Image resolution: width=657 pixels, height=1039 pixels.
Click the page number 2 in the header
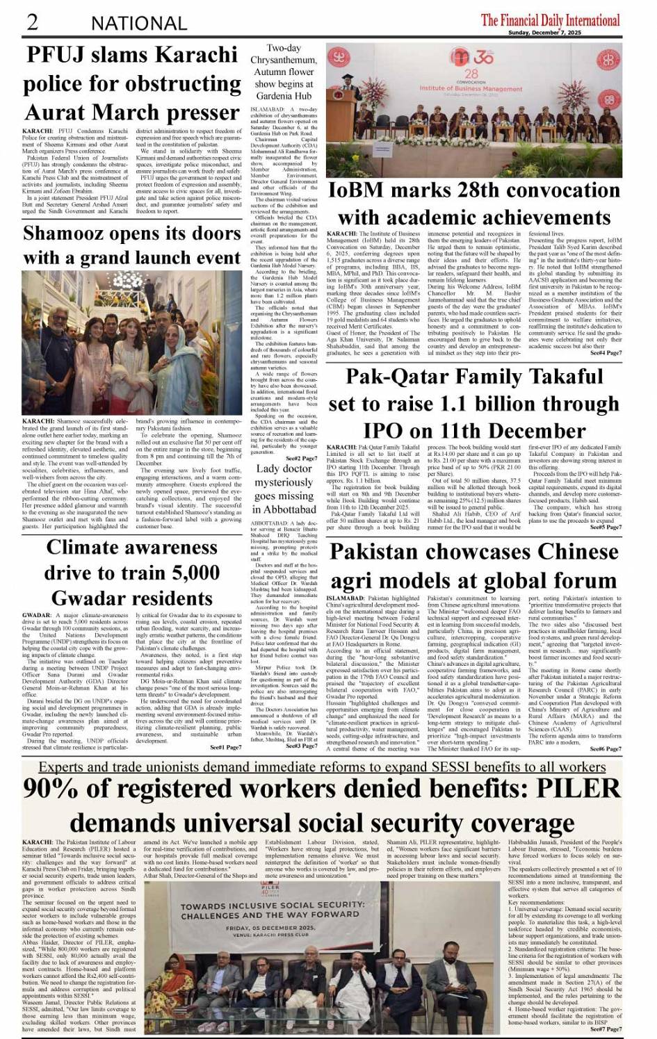tap(32, 22)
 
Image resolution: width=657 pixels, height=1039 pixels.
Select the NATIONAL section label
tap(138, 24)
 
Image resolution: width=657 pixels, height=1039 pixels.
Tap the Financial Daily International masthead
tap(550, 19)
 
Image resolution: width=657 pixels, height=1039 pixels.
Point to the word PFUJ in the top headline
tap(58, 54)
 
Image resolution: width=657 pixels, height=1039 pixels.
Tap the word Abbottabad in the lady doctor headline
tap(284, 509)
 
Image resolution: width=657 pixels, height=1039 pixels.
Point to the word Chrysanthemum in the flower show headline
tap(284, 60)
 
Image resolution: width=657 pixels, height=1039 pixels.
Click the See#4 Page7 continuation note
tap(606, 353)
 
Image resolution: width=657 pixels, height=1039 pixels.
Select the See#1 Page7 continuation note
tap(226, 746)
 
